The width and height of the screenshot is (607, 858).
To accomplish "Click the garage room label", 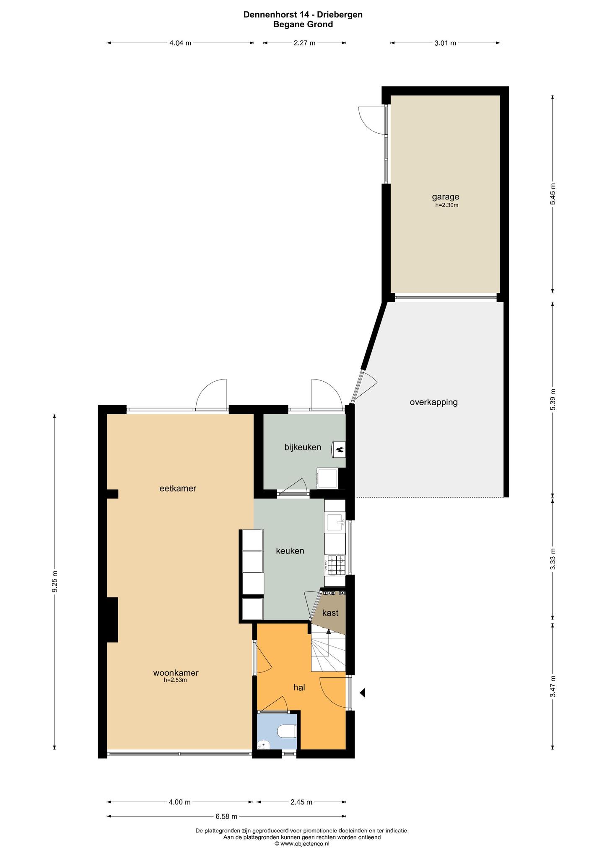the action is [446, 196].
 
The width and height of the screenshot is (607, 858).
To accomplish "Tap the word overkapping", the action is [433, 403].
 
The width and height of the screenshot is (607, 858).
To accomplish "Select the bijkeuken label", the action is [303, 447].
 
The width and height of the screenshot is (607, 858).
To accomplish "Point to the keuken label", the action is [290, 551].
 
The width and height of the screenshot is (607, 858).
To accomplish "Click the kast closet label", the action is [330, 613].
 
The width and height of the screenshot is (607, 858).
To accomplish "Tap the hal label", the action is [299, 687].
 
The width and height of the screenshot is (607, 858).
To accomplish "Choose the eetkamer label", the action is [178, 488].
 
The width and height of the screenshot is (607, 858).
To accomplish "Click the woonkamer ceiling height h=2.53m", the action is [175, 680].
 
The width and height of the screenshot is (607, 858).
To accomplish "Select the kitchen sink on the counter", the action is [335, 522].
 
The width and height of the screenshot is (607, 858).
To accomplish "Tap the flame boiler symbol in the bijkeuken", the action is [339, 450].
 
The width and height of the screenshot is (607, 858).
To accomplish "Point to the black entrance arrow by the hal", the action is [363, 693].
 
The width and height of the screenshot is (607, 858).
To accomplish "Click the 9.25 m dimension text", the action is [54, 581].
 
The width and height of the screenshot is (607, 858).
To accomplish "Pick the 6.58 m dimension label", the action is [226, 816].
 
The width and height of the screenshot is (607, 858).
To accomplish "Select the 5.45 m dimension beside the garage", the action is [553, 194].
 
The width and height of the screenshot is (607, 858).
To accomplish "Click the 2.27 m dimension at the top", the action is [304, 43].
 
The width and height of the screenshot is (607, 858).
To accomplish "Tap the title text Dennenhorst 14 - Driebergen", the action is [303, 15].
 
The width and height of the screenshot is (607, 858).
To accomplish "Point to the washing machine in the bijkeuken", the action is [327, 478].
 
